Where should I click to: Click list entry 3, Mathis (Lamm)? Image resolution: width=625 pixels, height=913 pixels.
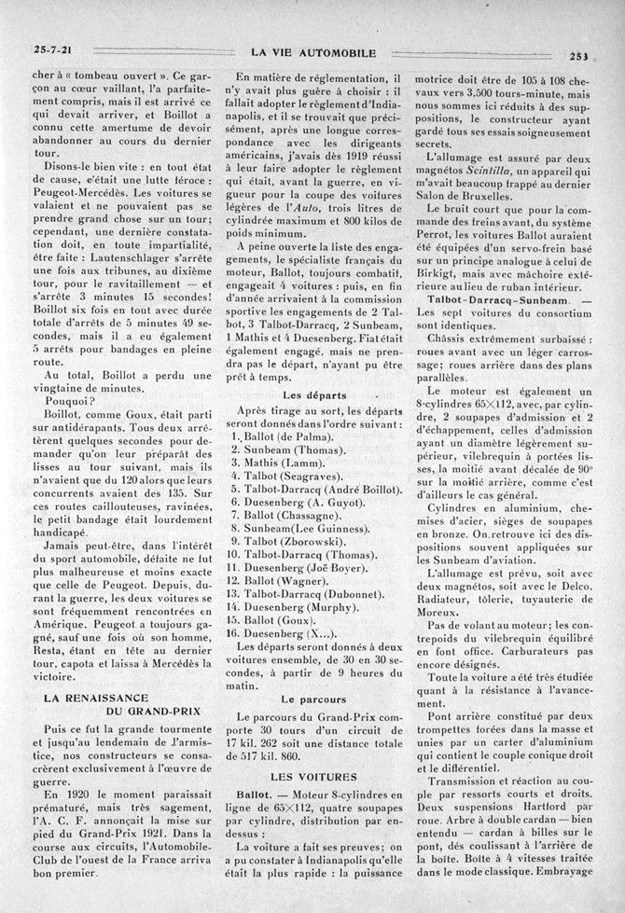point(280,464)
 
